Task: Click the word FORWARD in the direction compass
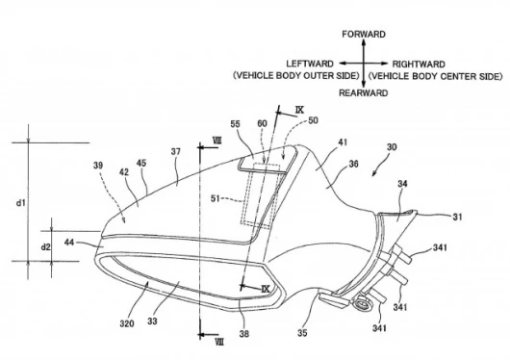point(364,35)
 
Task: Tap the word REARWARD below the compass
point(364,93)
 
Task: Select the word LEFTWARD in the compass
point(310,64)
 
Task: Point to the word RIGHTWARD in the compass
point(419,64)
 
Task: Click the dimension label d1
point(21,203)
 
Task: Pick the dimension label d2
point(45,247)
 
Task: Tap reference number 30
point(392,147)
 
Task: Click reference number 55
point(236,124)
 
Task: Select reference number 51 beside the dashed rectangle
point(216,198)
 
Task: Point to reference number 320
point(127,323)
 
